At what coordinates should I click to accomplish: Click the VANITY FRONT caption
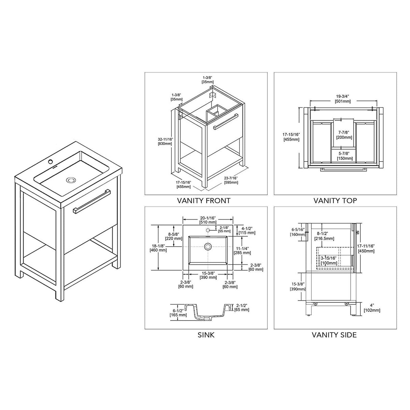204,201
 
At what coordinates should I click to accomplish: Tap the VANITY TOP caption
335,201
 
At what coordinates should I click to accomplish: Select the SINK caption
206,335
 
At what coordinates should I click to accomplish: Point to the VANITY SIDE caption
334,335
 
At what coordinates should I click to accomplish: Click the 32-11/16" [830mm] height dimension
165,141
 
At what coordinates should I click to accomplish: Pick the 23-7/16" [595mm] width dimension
231,180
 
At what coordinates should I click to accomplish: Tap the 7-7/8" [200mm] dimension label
344,135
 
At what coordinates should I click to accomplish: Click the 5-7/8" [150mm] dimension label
345,156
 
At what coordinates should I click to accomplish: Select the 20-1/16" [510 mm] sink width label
208,220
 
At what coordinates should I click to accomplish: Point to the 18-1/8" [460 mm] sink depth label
158,248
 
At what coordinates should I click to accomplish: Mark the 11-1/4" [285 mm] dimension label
242,251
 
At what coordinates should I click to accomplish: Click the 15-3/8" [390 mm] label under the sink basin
208,275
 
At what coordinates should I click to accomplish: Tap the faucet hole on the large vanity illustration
50,161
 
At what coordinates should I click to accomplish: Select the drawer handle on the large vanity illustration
92,201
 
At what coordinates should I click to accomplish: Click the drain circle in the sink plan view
208,247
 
